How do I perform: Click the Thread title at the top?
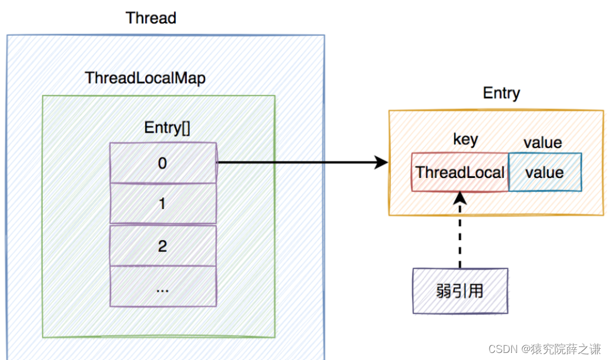(x=151, y=18)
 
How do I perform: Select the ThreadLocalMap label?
(x=145, y=78)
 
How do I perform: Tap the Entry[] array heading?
(x=167, y=128)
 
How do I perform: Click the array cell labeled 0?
(x=163, y=163)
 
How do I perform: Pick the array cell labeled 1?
(x=163, y=203)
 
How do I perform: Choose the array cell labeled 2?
(x=163, y=245)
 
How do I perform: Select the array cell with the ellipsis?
(x=163, y=287)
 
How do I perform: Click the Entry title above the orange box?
(x=501, y=93)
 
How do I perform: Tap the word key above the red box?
(x=465, y=139)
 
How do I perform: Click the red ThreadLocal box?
(x=460, y=172)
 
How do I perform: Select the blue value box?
(x=545, y=172)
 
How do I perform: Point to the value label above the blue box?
(x=543, y=143)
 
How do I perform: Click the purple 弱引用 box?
(x=460, y=291)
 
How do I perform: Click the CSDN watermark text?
(x=502, y=349)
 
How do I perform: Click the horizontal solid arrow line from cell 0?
(x=294, y=163)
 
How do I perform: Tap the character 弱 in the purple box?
(x=444, y=291)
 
